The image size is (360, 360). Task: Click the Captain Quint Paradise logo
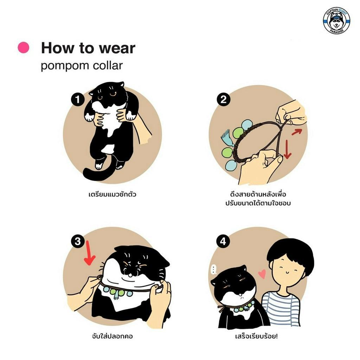click(x=336, y=21)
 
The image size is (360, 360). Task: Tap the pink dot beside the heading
click(x=24, y=47)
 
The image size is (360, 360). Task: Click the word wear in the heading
click(x=117, y=48)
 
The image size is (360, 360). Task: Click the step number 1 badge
click(x=78, y=99)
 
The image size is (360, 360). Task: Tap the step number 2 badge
click(x=223, y=99)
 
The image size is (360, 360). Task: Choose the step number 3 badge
click(x=78, y=241)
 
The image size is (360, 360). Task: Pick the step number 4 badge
click(x=223, y=241)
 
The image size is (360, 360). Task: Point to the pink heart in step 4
click(x=262, y=274)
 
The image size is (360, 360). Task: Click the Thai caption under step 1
click(x=112, y=194)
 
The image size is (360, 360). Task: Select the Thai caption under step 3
click(x=112, y=336)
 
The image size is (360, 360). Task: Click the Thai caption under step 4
click(x=256, y=336)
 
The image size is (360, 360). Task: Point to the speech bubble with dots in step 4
click(x=213, y=269)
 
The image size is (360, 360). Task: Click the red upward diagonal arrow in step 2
click(x=297, y=132)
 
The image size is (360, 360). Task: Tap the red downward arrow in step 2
click(x=287, y=149)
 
